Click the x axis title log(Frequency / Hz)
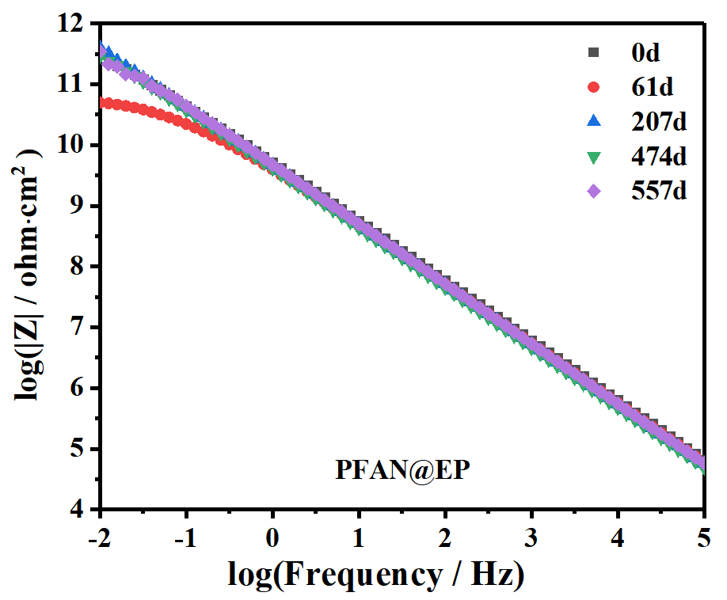376,575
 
